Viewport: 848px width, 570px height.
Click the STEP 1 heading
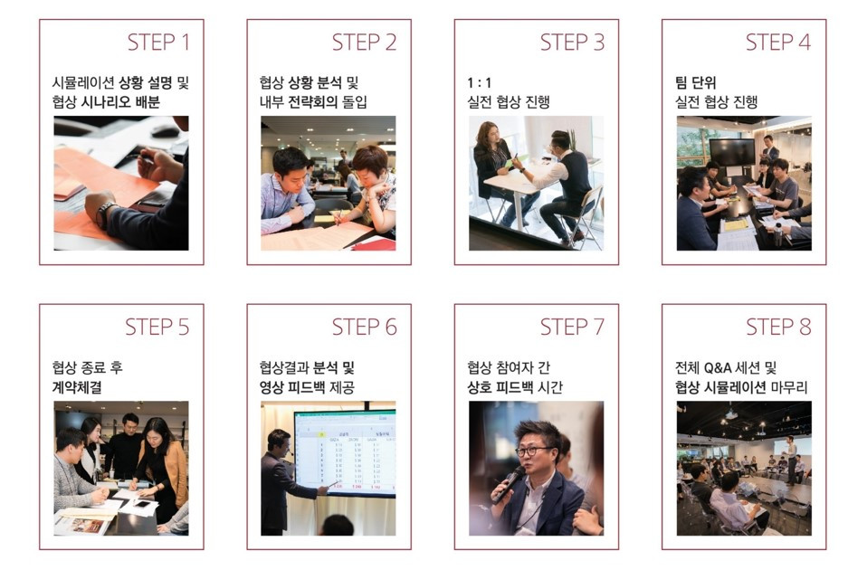point(158,42)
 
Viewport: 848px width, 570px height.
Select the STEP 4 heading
point(777,42)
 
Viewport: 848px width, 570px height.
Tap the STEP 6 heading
point(364,327)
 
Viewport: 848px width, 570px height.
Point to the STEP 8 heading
point(777,327)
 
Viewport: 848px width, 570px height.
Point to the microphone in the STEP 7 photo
point(508,483)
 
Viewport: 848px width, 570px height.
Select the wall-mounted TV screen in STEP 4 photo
point(730,150)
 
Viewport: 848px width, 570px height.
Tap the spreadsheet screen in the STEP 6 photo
point(344,452)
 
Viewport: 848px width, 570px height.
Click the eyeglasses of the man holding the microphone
point(532,451)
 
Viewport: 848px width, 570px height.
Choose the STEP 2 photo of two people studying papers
point(328,183)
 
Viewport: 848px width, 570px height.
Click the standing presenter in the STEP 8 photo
point(791,458)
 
